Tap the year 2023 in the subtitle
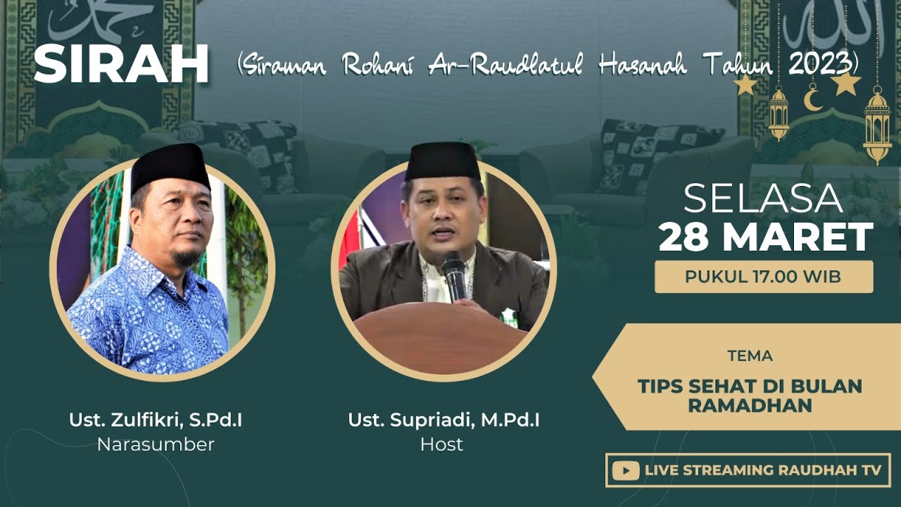coord(819,65)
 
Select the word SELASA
coord(763,199)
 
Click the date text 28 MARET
coord(765,237)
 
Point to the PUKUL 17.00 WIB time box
coord(764,277)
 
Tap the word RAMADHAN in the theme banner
coord(750,406)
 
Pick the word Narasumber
coord(156,444)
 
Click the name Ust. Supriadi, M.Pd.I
coord(443,420)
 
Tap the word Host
coord(441,444)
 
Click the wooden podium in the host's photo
coord(440,338)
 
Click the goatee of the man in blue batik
coord(184,258)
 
